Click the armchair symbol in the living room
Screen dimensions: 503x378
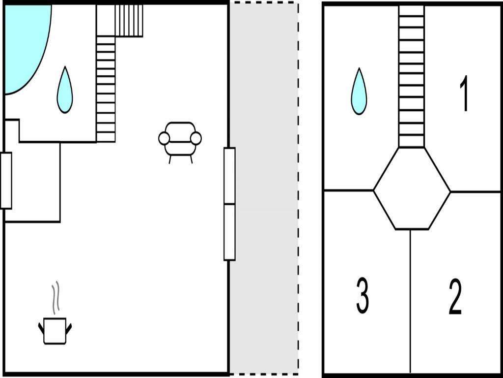(x=180, y=142)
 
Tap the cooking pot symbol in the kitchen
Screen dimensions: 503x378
(x=55, y=331)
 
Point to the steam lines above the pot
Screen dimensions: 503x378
(x=56, y=298)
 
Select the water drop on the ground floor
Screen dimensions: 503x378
(x=65, y=90)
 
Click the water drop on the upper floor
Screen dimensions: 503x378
(x=359, y=92)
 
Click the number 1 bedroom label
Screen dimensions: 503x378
(x=464, y=94)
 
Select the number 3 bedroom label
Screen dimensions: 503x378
(x=363, y=295)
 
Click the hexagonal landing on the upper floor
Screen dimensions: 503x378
(x=412, y=188)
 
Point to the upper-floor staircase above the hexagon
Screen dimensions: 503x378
(x=412, y=76)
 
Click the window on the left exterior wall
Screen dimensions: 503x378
(x=6, y=181)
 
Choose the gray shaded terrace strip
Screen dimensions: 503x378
(x=264, y=189)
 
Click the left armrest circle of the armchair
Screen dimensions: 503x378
(x=164, y=138)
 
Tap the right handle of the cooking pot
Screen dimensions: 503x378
(x=69, y=328)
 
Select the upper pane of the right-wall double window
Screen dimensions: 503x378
(x=229, y=176)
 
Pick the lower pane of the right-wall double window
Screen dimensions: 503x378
(x=229, y=232)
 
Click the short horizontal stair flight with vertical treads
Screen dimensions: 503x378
(x=129, y=20)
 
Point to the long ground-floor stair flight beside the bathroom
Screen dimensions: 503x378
(x=106, y=89)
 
